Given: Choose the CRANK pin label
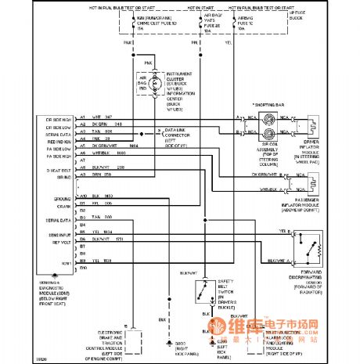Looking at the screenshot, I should click(45, 207).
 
